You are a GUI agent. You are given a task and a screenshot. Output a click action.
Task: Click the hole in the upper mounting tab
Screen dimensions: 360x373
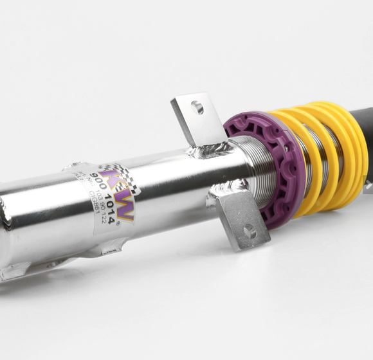pyautogui.click(x=197, y=107)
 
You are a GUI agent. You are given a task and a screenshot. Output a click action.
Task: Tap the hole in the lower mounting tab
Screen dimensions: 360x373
pyautogui.click(x=249, y=231)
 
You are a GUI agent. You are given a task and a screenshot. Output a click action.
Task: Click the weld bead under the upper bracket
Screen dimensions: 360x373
pyautogui.click(x=209, y=151)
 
